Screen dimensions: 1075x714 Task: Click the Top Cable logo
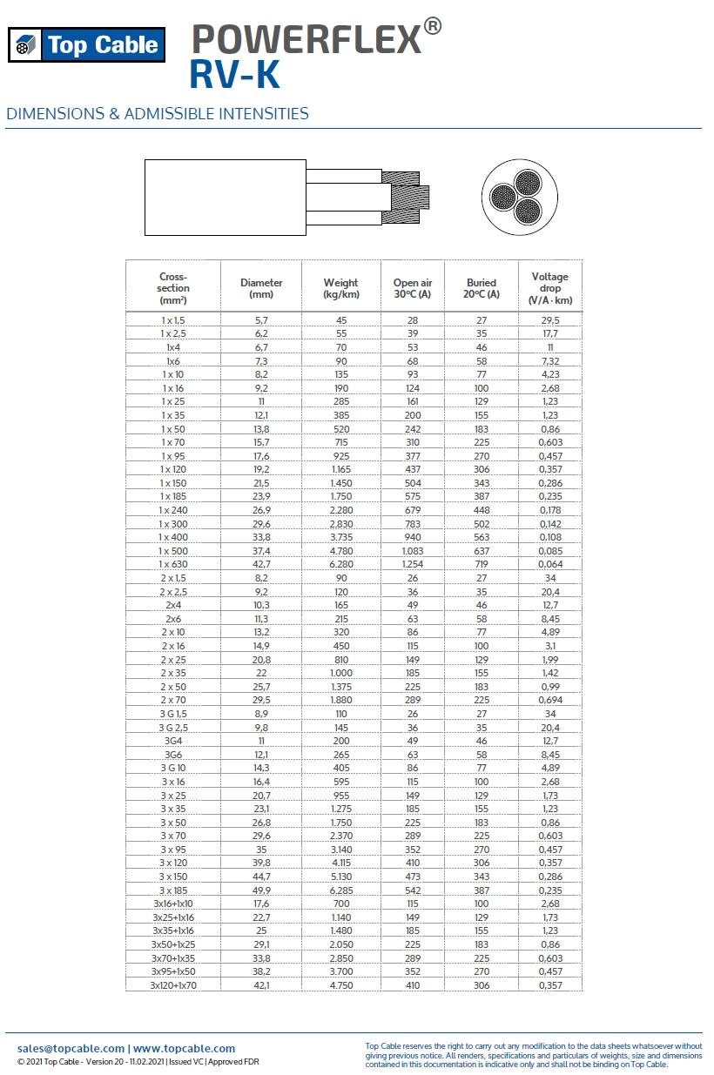(86, 44)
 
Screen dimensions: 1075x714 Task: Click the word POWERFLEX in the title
(306, 38)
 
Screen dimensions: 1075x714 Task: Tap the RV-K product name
(234, 76)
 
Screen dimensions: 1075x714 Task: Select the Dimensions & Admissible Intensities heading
(157, 113)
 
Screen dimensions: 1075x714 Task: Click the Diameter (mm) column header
(261, 288)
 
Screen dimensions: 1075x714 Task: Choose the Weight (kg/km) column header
(341, 288)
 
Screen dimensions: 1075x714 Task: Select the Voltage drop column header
(549, 288)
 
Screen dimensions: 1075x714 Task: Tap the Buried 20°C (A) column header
(482, 288)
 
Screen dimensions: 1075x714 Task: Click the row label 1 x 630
(173, 564)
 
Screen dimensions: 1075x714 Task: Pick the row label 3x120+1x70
(173, 984)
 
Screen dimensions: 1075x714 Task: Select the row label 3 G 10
(173, 768)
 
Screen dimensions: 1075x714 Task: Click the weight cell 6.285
(341, 890)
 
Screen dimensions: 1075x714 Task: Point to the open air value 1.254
(413, 564)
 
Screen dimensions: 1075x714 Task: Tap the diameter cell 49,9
(261, 890)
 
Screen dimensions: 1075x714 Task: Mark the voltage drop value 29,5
(549, 320)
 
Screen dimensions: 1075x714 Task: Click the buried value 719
(482, 564)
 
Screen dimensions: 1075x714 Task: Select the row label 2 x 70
(173, 700)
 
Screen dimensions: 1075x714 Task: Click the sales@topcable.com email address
(71, 1048)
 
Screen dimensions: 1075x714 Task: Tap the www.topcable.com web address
(184, 1048)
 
